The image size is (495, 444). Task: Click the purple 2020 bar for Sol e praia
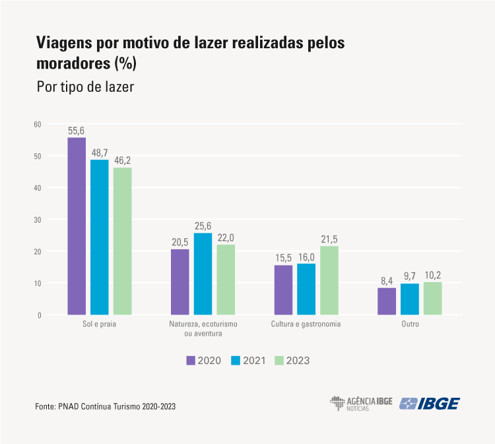pyautogui.click(x=77, y=226)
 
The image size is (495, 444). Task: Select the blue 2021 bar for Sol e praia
pyautogui.click(x=100, y=237)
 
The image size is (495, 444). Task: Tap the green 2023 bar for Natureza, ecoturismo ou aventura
pyautogui.click(x=226, y=279)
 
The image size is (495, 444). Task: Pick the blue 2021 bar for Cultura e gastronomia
pyautogui.click(x=306, y=289)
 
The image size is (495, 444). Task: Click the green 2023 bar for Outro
pyautogui.click(x=432, y=298)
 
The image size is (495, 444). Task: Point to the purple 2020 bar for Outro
pyautogui.click(x=387, y=301)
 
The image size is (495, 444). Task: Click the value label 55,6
pyautogui.click(x=77, y=131)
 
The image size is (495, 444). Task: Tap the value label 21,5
pyautogui.click(x=329, y=239)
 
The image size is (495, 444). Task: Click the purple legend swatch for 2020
pyautogui.click(x=191, y=360)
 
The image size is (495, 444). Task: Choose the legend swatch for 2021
pyautogui.click(x=236, y=360)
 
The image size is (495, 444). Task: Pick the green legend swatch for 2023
pyautogui.click(x=279, y=360)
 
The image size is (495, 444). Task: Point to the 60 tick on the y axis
pyautogui.click(x=38, y=124)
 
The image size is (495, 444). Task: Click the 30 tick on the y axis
pyautogui.click(x=38, y=219)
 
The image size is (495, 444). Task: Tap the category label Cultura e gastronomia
pyautogui.click(x=306, y=325)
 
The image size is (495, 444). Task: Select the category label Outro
pyautogui.click(x=409, y=325)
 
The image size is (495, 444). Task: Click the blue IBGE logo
pyautogui.click(x=430, y=404)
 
